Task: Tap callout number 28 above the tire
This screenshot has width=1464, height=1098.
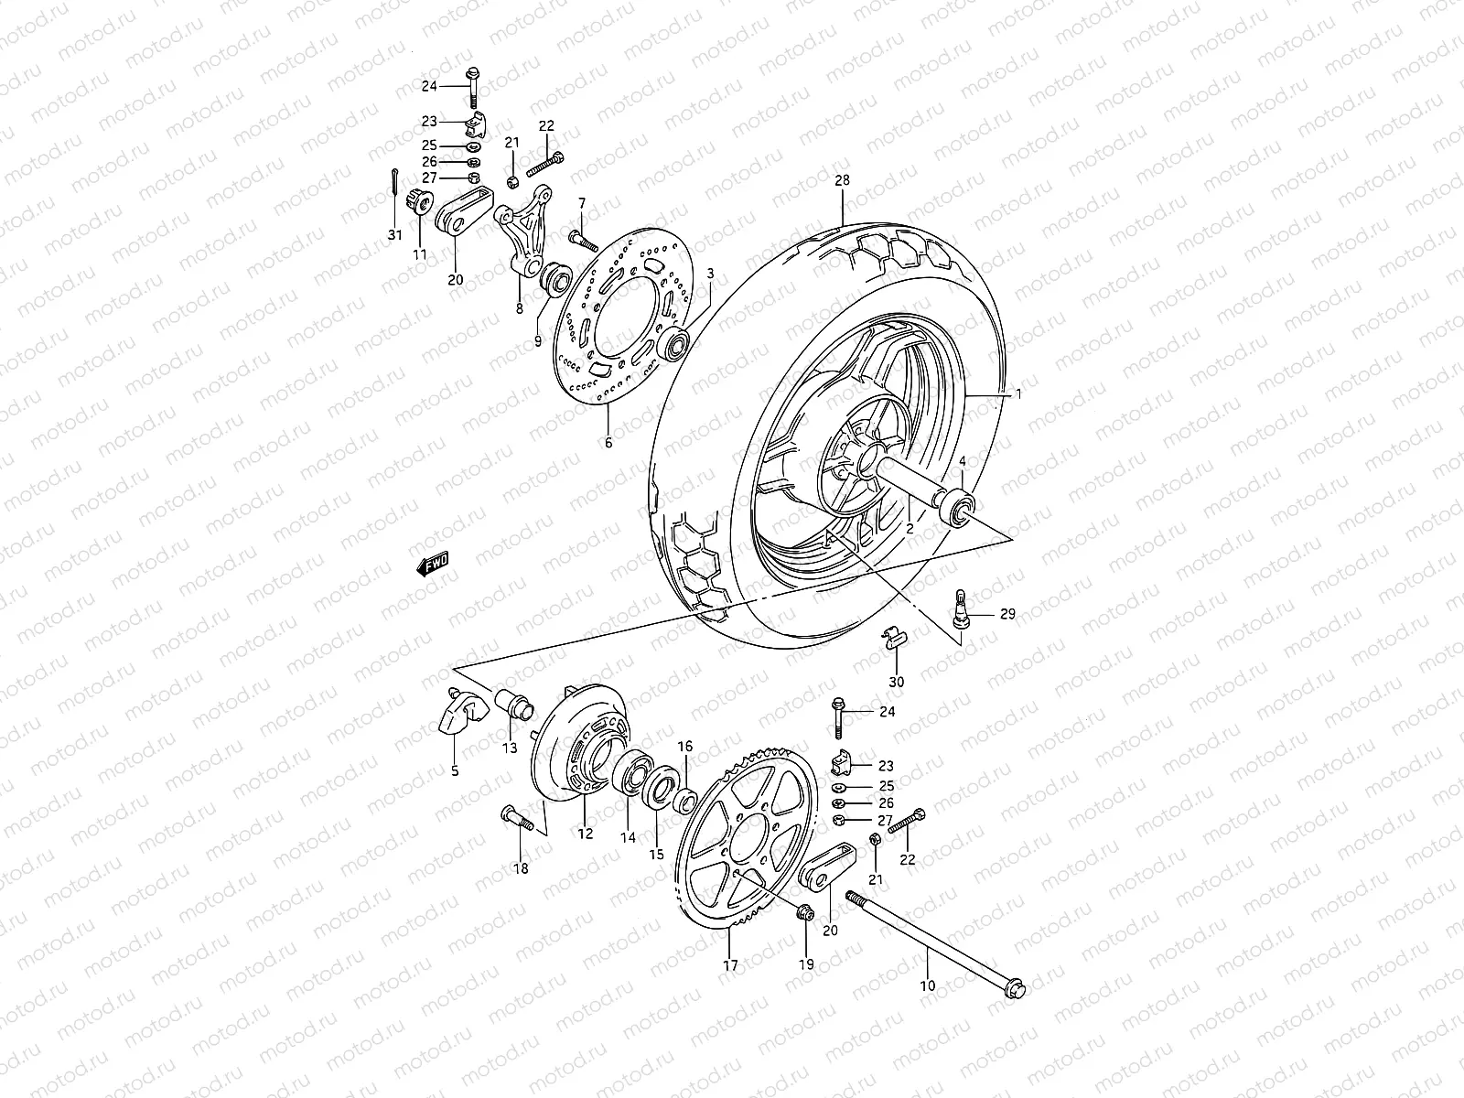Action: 842,181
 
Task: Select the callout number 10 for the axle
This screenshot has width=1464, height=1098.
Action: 928,985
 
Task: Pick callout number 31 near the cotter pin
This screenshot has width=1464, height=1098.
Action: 394,235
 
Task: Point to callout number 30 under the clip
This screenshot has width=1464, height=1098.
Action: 897,682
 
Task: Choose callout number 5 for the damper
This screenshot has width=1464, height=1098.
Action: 455,770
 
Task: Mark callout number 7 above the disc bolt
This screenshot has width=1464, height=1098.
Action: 580,201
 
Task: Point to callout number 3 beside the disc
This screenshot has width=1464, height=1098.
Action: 709,274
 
